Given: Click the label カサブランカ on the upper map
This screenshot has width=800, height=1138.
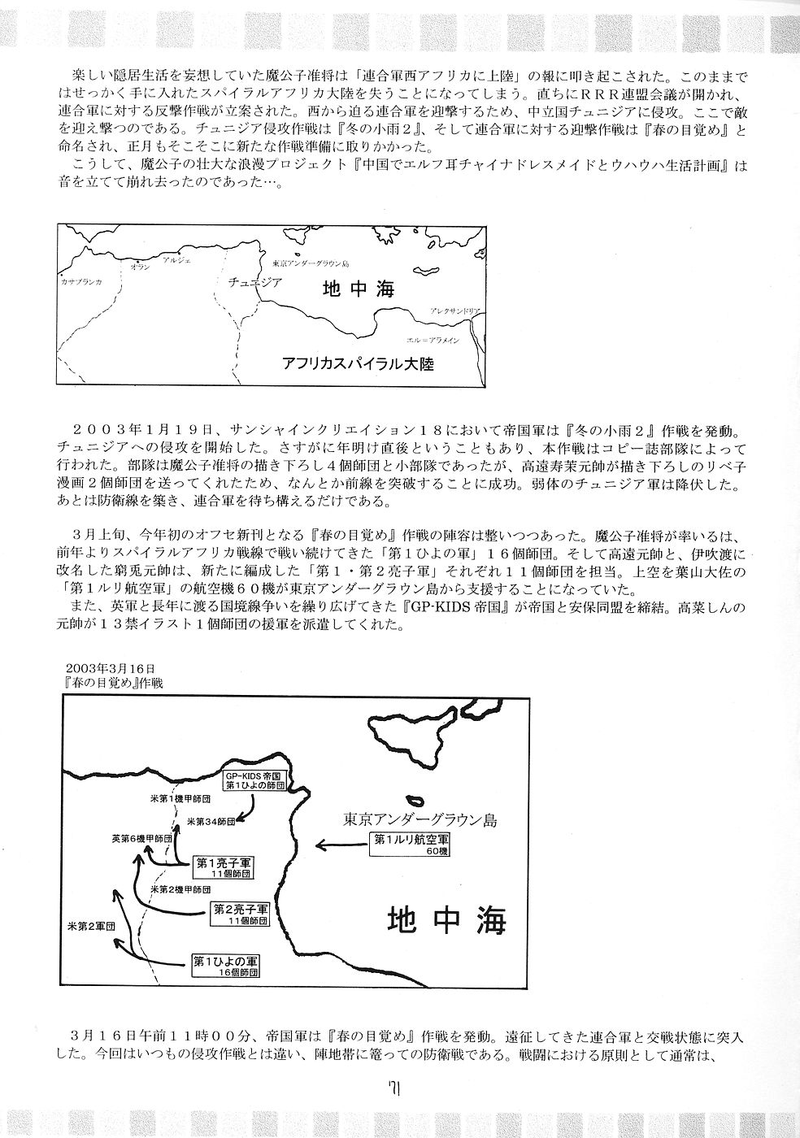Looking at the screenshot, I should coord(82,281).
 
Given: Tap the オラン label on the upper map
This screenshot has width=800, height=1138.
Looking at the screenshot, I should coord(141,267).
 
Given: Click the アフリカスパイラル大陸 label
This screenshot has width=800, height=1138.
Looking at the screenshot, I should coord(356,363).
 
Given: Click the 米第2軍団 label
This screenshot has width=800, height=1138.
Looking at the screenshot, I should coord(89,926).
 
